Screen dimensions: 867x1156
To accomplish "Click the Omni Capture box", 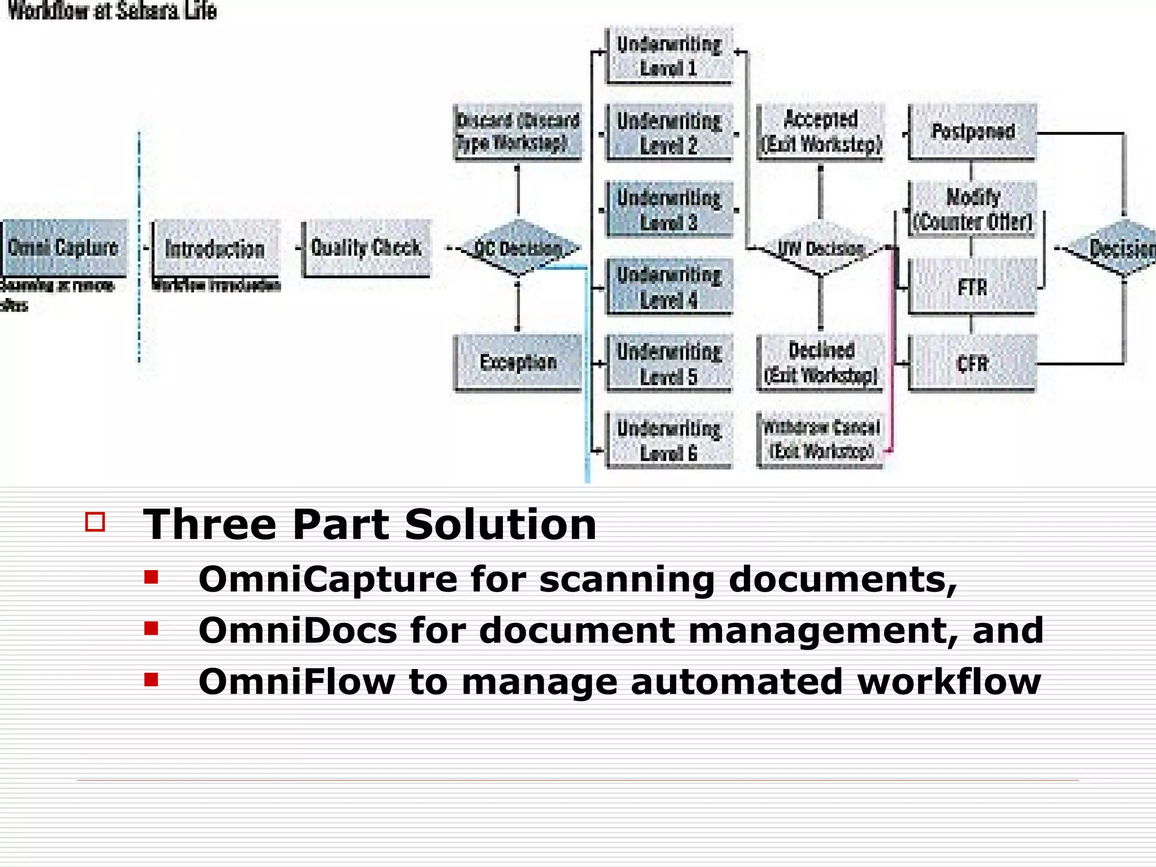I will (x=64, y=248).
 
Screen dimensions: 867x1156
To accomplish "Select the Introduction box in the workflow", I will (x=215, y=248).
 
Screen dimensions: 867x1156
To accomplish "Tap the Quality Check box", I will (x=366, y=248).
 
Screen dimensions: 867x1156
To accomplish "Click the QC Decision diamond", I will (x=518, y=248).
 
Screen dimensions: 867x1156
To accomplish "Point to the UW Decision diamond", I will (x=821, y=248).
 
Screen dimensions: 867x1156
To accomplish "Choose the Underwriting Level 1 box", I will (x=669, y=56).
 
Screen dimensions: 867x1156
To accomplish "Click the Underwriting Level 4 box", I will (x=669, y=287).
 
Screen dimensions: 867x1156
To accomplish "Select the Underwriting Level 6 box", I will (x=669, y=440).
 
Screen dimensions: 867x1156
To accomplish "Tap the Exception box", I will (x=518, y=362).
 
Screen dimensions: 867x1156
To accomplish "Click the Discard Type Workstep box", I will (x=518, y=132).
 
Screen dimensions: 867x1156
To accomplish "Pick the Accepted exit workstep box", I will (x=821, y=132).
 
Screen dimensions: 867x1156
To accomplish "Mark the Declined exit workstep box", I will (x=821, y=362).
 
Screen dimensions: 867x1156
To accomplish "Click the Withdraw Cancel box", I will (x=821, y=440).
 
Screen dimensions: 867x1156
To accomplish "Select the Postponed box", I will (x=973, y=132).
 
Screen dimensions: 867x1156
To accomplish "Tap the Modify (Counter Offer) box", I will (x=973, y=209).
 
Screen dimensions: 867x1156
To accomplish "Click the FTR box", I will (x=973, y=287).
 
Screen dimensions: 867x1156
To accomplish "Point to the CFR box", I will (x=973, y=364).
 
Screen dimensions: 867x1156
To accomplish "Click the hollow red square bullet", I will (x=95, y=522).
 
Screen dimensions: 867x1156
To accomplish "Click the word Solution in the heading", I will (x=500, y=524).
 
